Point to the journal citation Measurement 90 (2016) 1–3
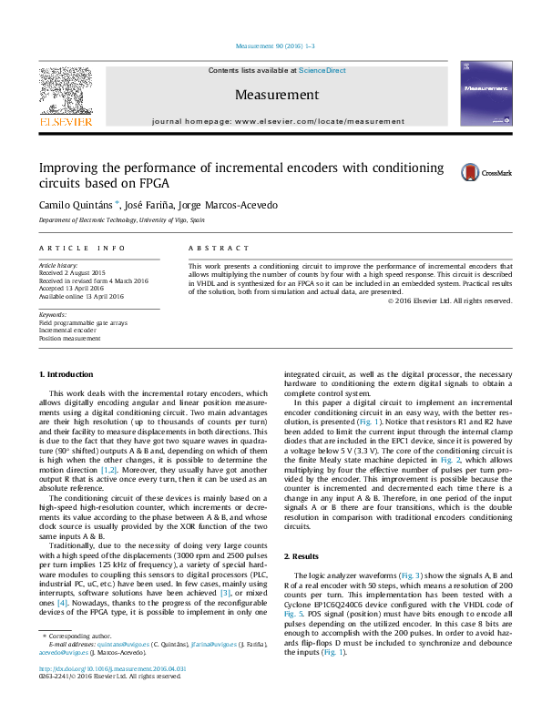(275, 46)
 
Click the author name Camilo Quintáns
(74, 205)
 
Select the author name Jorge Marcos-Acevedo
(238, 205)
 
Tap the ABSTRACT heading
(219, 248)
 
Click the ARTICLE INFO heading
(82, 248)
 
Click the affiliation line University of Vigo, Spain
(121, 221)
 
